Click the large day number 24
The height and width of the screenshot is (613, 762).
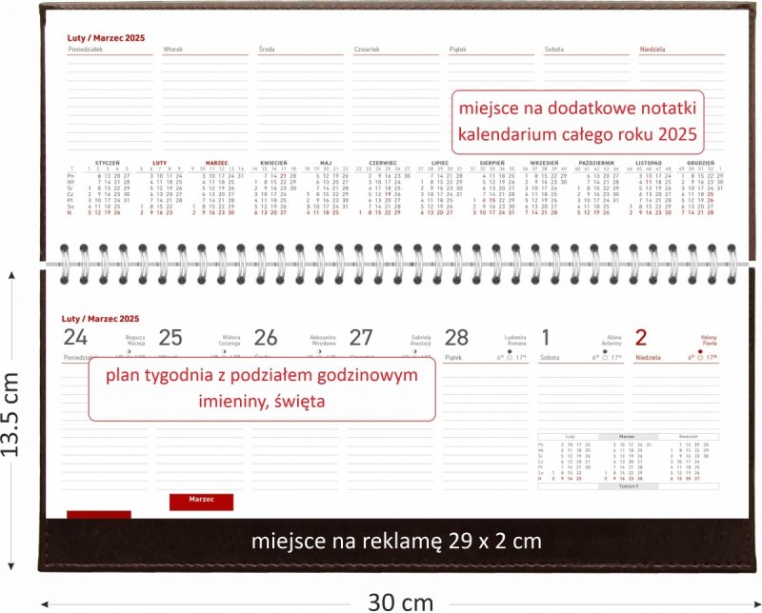click(74, 337)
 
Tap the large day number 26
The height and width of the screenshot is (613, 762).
click(266, 337)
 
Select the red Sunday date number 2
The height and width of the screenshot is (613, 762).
click(641, 336)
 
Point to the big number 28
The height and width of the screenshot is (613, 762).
click(457, 337)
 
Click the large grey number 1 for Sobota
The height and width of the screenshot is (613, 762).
click(545, 336)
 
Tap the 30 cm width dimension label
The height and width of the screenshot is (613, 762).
click(400, 601)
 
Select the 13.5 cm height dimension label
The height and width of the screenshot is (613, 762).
click(11, 414)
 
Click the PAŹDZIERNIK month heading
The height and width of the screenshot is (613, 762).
click(596, 163)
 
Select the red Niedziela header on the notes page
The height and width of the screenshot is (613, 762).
click(652, 48)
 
